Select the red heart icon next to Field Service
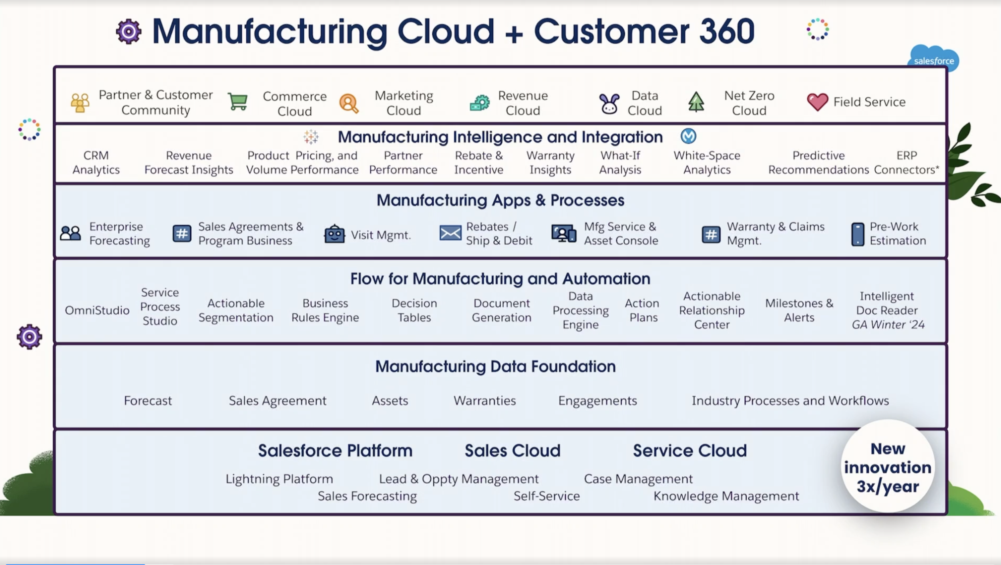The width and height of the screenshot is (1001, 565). pos(817,102)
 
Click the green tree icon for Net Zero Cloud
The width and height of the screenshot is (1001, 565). pos(696,102)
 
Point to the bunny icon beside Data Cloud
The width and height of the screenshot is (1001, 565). pos(609,103)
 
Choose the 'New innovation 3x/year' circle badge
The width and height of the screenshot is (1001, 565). pos(888,466)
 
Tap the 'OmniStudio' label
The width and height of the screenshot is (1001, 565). pos(97,310)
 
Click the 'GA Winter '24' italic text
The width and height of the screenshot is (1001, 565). pos(888,325)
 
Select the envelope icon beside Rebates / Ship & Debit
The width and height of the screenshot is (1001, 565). pos(450,233)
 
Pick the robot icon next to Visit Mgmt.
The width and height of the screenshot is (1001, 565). pos(334,234)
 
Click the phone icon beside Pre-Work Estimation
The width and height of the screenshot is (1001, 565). pos(857,234)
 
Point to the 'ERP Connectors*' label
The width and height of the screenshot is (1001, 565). pos(906,163)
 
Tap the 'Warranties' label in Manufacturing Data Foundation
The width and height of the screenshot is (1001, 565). pos(484,401)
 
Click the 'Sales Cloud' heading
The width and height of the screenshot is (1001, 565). pos(513,451)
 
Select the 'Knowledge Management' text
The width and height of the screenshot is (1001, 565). pos(726,496)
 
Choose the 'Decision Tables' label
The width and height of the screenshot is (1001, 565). pos(414,310)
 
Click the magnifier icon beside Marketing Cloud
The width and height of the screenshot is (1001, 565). pos(349,103)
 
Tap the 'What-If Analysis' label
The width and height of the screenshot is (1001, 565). pos(620,163)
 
